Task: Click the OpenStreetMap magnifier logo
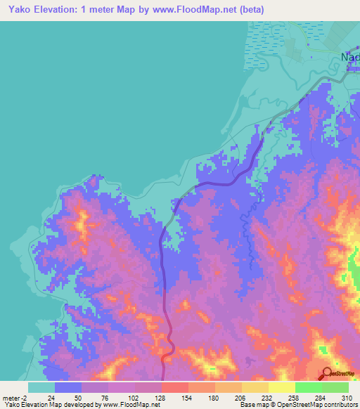[x=328, y=372]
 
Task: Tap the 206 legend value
[x=242, y=397]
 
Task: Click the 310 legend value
[x=347, y=397]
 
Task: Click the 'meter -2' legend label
[x=14, y=397]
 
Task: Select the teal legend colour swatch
[x=41, y=387]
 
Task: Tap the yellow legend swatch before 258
[x=282, y=387]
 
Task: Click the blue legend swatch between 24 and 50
[x=68, y=387]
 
